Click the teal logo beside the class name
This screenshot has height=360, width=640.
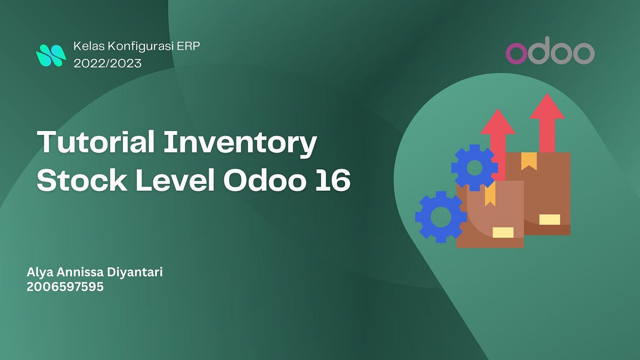tap(51, 56)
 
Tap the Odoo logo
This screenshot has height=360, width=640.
tap(550, 50)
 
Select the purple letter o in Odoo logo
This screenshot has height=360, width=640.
tap(516, 53)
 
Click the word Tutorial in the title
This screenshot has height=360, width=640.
tap(96, 142)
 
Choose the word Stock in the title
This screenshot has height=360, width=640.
tap(82, 180)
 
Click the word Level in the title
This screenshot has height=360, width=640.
tap(175, 180)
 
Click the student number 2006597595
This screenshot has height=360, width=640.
tap(65, 286)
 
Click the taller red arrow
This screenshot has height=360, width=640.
tap(547, 123)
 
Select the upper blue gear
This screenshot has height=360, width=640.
tap(475, 168)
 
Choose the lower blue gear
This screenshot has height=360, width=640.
tap(441, 217)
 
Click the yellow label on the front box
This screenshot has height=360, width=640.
tap(503, 233)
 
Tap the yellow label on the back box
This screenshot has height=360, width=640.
tap(550, 220)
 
